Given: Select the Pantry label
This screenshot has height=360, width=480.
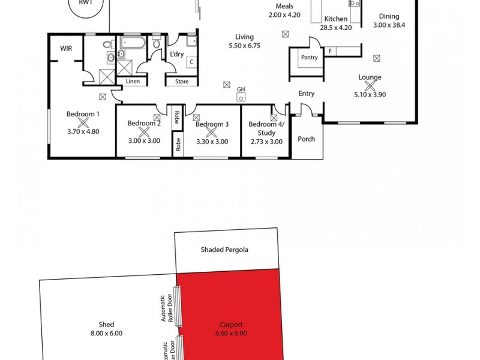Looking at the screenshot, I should (x=310, y=58).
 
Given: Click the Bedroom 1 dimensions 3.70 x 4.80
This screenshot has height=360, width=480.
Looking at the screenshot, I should (x=82, y=131).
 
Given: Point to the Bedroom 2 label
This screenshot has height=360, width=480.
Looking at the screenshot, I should (x=144, y=124).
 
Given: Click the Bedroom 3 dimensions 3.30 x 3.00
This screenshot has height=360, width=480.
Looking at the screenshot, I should (x=212, y=142).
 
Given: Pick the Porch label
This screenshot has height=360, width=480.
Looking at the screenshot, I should (x=307, y=139).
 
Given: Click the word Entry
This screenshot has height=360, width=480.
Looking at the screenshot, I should (x=307, y=94).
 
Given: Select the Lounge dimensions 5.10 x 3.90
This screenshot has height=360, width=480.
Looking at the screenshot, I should (x=370, y=94).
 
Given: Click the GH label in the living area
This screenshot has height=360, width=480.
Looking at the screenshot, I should (x=241, y=89).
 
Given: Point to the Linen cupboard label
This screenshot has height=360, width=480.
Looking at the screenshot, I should (x=133, y=81).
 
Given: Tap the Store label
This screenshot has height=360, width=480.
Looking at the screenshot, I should (x=182, y=82).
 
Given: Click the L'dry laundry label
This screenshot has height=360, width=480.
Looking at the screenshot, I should (x=176, y=55).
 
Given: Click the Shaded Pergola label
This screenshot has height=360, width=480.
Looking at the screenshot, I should (x=224, y=250).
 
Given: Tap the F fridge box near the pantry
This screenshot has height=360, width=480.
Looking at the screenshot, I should (x=330, y=52).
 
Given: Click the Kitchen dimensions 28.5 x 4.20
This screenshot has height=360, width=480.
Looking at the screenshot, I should (x=335, y=28).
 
